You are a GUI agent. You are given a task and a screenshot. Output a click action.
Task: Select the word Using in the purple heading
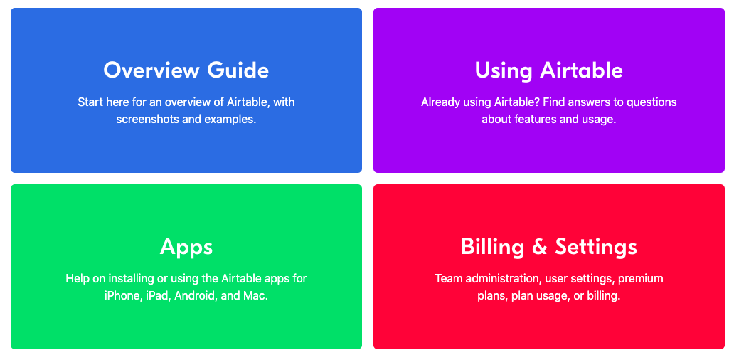(504, 71)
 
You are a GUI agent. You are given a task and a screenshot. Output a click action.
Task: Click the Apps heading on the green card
(186, 247)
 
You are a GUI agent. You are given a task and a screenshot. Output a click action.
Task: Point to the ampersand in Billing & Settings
(540, 247)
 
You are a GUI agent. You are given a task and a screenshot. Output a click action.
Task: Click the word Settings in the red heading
(596, 247)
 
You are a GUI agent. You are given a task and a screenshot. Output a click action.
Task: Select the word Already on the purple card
(440, 102)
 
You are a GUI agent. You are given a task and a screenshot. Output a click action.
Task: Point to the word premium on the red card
(641, 279)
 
